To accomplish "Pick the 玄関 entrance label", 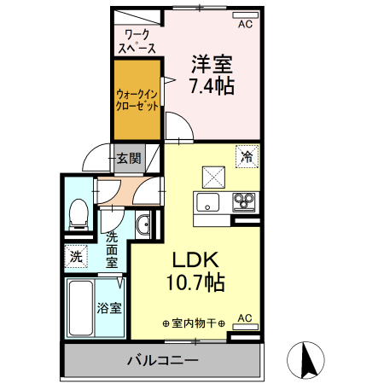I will (129, 158).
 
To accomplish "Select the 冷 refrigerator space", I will (247, 156).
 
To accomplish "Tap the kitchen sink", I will (208, 203).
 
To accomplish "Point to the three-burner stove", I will (244, 203).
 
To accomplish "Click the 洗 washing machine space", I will (76, 255).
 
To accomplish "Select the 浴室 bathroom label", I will (109, 307).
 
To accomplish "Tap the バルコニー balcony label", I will (162, 359).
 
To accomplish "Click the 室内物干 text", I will (194, 323).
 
